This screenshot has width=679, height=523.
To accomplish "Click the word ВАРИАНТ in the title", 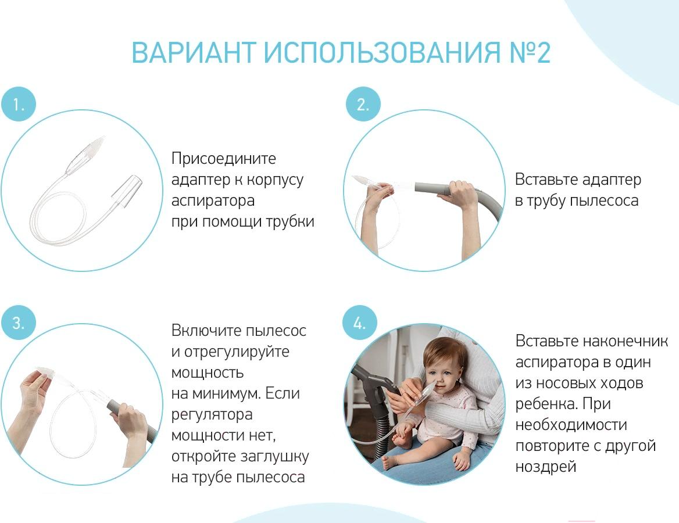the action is click(x=193, y=53).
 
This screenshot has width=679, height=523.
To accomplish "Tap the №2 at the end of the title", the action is click(x=530, y=53).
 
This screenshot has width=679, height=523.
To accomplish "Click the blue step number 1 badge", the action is click(x=18, y=104).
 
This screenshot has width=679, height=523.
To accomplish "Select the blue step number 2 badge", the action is click(x=363, y=104).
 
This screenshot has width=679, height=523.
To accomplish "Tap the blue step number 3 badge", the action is click(x=18, y=323).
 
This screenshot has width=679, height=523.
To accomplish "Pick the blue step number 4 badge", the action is click(x=359, y=323).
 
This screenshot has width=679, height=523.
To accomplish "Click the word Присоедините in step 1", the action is click(x=223, y=159).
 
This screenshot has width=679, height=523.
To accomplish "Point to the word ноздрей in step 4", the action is click(x=546, y=467).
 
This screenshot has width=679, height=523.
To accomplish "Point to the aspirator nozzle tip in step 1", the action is click(x=102, y=138).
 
